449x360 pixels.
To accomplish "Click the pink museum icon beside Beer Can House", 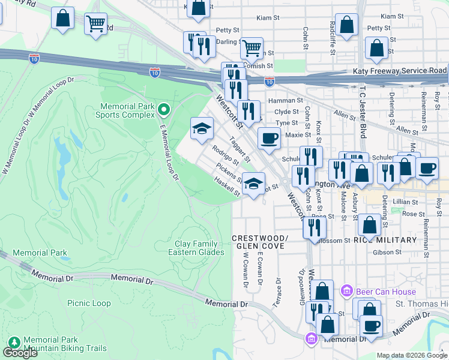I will point(346,292).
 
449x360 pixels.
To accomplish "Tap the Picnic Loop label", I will point(89,304).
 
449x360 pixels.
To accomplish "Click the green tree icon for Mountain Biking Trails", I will point(14,343).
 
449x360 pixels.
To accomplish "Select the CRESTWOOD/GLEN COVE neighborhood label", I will point(261,242).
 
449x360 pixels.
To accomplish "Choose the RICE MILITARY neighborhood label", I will point(385,240).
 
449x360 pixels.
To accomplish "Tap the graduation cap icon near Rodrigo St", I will point(202,127).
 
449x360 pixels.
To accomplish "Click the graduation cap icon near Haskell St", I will point(254,183).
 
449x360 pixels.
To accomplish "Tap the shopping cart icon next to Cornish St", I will point(252,47).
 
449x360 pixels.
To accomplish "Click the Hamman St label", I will point(283,101).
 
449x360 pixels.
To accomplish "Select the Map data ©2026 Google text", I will point(411,355).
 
